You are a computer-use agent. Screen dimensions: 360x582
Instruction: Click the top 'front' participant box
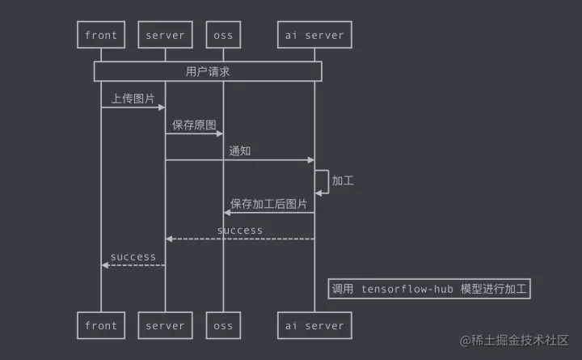(101, 36)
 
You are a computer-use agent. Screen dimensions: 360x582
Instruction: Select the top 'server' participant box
(166, 36)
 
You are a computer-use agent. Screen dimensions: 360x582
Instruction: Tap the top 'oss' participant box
(223, 36)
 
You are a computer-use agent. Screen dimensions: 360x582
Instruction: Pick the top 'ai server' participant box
(314, 36)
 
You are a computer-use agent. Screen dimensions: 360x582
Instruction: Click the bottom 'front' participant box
(101, 326)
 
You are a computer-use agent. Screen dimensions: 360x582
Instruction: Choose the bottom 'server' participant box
(166, 326)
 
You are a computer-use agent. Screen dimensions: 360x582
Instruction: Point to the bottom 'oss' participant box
(223, 326)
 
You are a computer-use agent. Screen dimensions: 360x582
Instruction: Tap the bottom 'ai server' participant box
(314, 326)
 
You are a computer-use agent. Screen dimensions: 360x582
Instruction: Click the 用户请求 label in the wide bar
(208, 71)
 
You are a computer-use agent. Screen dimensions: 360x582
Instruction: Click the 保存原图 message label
(194, 125)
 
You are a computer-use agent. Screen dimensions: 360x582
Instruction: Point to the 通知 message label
(240, 151)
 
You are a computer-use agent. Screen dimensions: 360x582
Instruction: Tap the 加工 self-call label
(343, 180)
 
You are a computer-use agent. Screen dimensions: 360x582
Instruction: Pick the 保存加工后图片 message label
(268, 204)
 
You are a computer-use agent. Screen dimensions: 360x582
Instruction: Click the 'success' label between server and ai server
(240, 231)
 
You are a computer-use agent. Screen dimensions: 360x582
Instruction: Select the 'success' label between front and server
(133, 257)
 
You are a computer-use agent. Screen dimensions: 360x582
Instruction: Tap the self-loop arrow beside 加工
(323, 181)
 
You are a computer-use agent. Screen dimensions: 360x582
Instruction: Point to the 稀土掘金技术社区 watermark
(515, 341)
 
